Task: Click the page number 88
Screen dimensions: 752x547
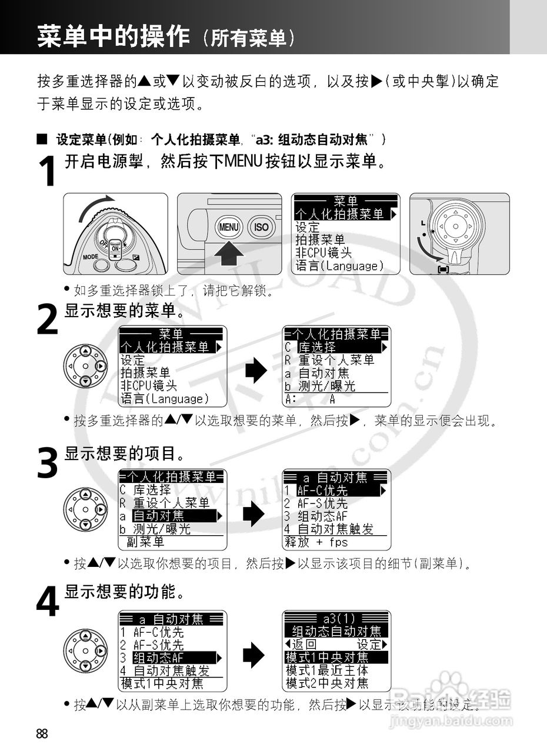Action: pyautogui.click(x=42, y=734)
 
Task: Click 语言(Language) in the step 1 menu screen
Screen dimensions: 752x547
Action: pyautogui.click(x=339, y=266)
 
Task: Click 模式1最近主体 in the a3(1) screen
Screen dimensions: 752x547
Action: pyautogui.click(x=327, y=670)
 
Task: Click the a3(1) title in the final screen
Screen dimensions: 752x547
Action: pyautogui.click(x=337, y=619)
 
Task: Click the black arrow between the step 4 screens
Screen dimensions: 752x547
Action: pyautogui.click(x=254, y=654)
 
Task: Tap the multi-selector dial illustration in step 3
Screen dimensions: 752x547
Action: pyautogui.click(x=86, y=509)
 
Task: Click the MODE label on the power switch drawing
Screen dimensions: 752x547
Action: pyautogui.click(x=91, y=257)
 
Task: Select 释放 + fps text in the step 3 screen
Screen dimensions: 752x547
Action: pyautogui.click(x=316, y=542)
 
